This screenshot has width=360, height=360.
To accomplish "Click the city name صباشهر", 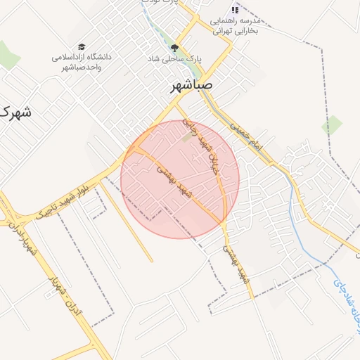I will pos(201,86).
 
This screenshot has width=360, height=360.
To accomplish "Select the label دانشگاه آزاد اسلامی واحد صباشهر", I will pos(82,61).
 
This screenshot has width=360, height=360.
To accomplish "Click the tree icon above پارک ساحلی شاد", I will pos(174,49).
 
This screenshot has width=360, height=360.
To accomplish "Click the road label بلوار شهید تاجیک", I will pos(64,198).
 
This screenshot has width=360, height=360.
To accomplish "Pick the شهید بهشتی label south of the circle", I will pos(237,264).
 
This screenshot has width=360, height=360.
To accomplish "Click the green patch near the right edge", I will pos(332,125).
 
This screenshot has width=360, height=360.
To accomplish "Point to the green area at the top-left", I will pos(8,55).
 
